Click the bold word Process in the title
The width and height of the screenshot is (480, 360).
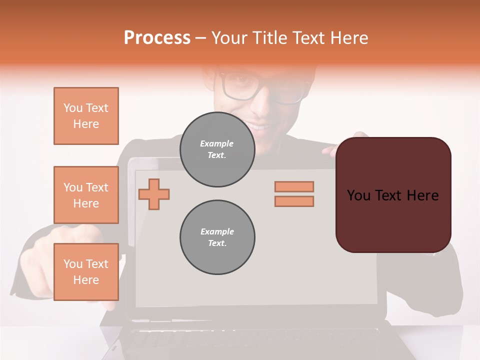(x=157, y=38)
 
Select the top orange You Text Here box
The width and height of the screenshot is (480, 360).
(x=86, y=116)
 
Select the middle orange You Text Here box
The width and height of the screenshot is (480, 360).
(x=86, y=195)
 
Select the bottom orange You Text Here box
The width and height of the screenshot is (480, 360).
(x=86, y=272)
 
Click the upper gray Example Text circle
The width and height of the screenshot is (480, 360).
(x=217, y=149)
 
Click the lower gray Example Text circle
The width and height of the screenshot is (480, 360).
(x=217, y=237)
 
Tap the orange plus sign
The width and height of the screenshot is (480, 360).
(x=154, y=194)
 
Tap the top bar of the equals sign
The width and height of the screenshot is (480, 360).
(x=294, y=186)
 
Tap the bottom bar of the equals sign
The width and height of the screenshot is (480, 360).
(x=294, y=201)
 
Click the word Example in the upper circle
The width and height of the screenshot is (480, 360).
(x=217, y=143)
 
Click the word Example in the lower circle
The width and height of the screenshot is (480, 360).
(x=217, y=231)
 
